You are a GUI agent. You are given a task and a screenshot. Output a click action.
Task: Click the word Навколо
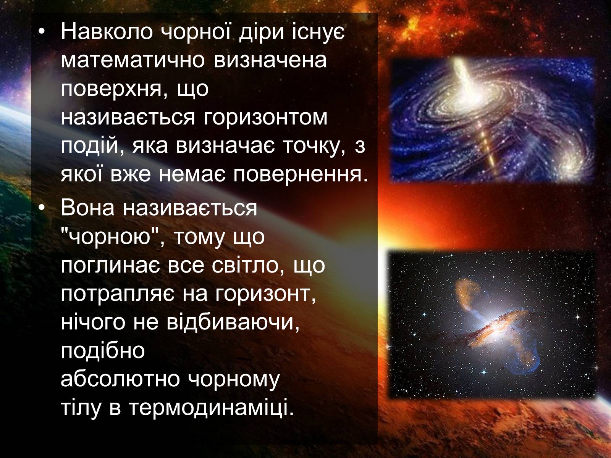[x=107, y=31]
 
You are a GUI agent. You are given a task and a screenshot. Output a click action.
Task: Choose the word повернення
[x=301, y=176]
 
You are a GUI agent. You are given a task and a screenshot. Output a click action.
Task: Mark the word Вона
[x=87, y=208]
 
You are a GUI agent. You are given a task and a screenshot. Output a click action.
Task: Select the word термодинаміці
[x=211, y=408]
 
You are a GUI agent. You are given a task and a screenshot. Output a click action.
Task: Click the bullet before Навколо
[x=42, y=32]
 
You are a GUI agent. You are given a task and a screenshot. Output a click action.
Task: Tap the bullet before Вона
[x=42, y=208]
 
